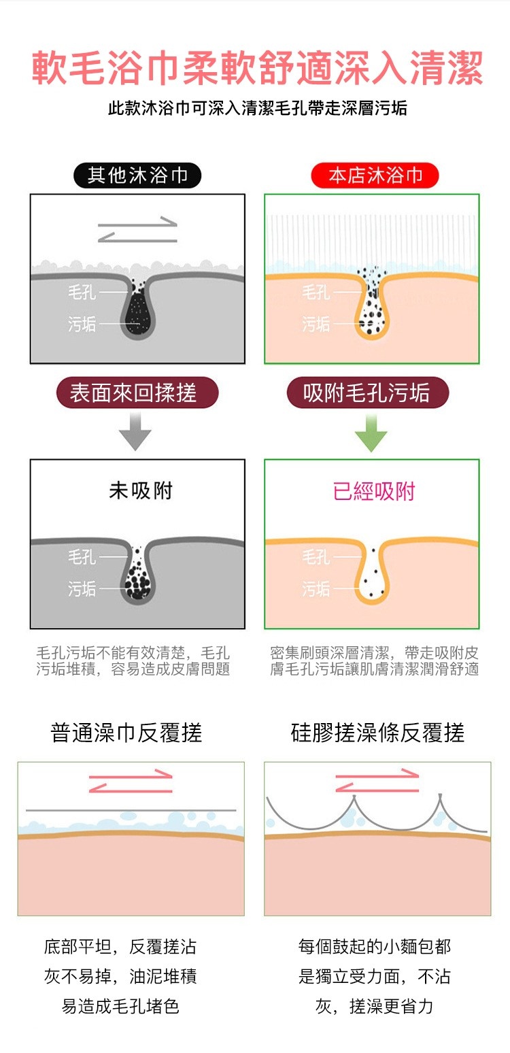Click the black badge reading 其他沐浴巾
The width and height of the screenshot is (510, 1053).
pos(137,175)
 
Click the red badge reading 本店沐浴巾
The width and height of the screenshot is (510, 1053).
pos(375,175)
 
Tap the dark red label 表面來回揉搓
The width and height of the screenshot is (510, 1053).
pos(137,392)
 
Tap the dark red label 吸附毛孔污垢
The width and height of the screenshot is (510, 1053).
pos(368,392)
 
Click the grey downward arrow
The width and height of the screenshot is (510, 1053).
pos(135,431)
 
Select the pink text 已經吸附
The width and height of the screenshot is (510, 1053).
pos(374,491)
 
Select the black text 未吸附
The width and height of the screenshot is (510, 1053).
pos(141,490)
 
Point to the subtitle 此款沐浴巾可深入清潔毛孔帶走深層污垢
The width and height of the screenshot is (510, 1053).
pos(257,108)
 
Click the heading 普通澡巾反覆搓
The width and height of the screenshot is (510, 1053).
pos(126,733)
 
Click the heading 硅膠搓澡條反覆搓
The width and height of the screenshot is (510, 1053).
pos(377,733)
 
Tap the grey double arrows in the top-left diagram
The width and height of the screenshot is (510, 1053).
pos(137,229)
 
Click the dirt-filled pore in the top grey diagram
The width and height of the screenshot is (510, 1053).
pos(137,308)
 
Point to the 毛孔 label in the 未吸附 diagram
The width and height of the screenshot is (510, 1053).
pos(82,556)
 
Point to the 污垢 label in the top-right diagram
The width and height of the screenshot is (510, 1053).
pos(316,324)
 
